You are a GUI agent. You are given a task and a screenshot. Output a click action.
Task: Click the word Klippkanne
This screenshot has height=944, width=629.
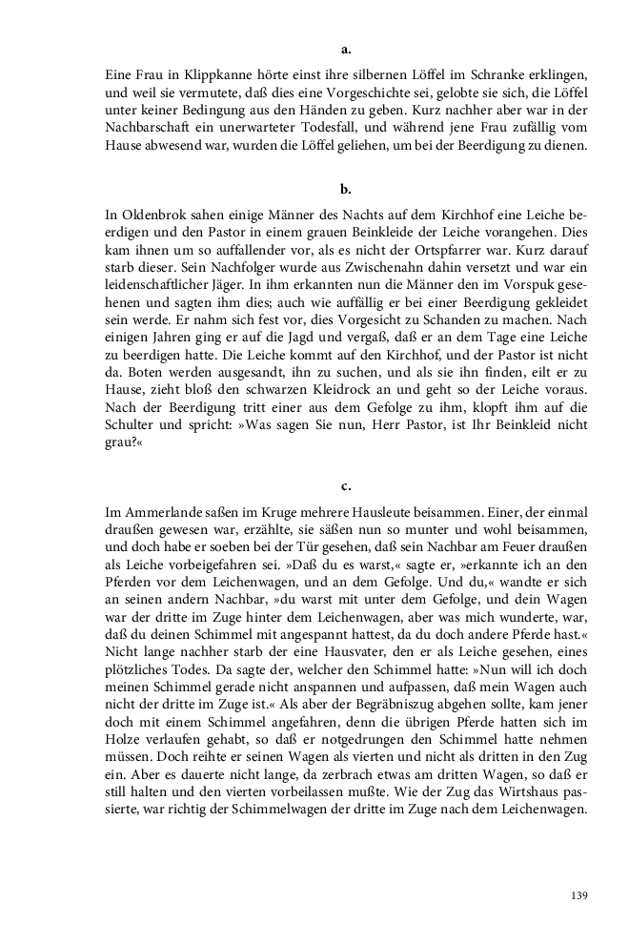tap(210, 73)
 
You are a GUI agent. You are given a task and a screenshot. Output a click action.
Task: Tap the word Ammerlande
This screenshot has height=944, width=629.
tap(159, 514)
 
